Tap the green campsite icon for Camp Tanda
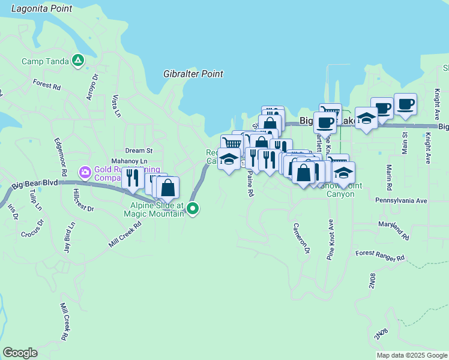click(x=77, y=61)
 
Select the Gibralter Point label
click(x=193, y=74)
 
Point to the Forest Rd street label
click(x=47, y=85)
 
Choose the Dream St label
click(x=139, y=151)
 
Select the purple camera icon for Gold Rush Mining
click(x=85, y=173)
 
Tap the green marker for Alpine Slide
click(x=193, y=209)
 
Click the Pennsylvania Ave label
click(x=401, y=200)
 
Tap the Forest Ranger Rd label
click(x=380, y=256)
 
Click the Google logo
click(x=20, y=353)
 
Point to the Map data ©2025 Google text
click(x=412, y=355)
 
